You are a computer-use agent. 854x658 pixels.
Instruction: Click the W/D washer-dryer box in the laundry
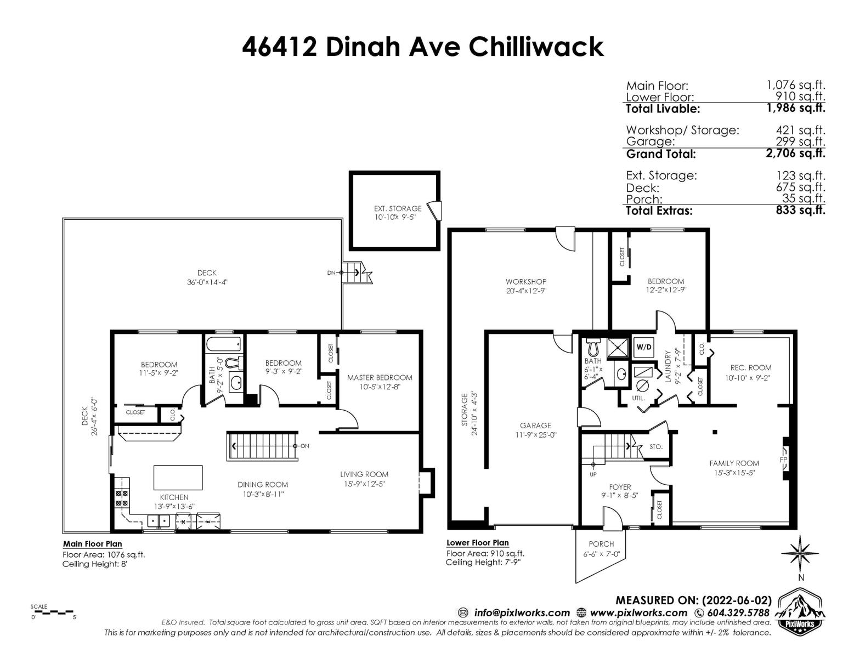[x=643, y=347]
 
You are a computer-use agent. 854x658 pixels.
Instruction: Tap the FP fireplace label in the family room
[x=783, y=459]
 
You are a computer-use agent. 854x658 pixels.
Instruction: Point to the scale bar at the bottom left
[x=52, y=612]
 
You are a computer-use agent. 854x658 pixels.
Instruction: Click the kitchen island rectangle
[x=178, y=477]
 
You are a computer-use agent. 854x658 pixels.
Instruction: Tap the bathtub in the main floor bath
[x=223, y=345]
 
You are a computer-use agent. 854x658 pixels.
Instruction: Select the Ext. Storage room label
[x=397, y=208]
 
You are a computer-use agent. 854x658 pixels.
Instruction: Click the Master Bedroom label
[x=380, y=377]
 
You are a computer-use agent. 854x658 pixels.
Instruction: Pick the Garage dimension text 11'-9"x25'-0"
[x=536, y=435]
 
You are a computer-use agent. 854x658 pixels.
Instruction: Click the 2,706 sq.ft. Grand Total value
[x=795, y=153]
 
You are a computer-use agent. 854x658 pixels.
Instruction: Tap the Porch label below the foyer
[x=601, y=544]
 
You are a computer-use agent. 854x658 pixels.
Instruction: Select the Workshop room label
[x=526, y=282]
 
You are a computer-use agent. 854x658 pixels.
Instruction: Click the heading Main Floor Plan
[x=92, y=544]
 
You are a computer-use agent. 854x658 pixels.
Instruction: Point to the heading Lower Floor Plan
[x=478, y=542]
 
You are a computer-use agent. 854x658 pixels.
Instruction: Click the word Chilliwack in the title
[x=536, y=47]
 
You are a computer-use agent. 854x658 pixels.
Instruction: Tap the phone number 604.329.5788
[x=738, y=613]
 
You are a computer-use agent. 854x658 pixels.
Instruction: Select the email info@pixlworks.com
[x=522, y=613]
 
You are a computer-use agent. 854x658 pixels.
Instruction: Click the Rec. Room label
[x=751, y=368]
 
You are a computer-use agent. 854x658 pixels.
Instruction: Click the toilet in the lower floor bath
[x=593, y=345]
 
